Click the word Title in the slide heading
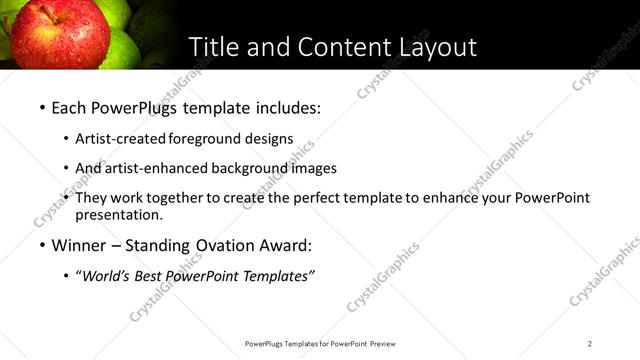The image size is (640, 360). tap(212, 46)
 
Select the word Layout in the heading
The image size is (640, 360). tap(437, 46)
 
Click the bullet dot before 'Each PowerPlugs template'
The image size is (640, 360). tap(42, 106)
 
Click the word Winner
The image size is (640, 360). tap(80, 244)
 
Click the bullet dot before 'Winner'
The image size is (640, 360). tap(42, 245)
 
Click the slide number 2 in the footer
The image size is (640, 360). tap(590, 344)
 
